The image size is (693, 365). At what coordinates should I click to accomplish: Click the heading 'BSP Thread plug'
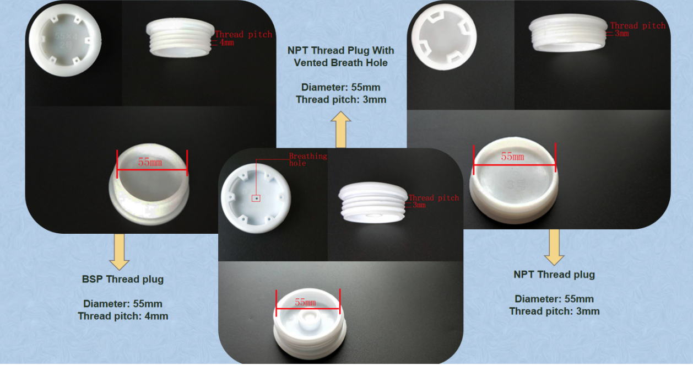click(x=123, y=279)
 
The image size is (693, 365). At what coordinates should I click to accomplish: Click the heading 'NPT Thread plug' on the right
click(x=554, y=275)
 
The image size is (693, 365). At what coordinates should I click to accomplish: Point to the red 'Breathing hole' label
click(x=308, y=159)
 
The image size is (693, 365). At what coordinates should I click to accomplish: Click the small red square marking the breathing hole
click(x=256, y=198)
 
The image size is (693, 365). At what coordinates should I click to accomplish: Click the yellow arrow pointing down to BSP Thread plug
click(x=119, y=251)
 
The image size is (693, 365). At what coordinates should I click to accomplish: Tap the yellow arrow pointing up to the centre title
click(x=341, y=130)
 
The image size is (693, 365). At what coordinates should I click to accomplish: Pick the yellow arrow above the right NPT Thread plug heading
click(x=554, y=247)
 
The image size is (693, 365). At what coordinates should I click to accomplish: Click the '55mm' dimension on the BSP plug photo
click(x=150, y=163)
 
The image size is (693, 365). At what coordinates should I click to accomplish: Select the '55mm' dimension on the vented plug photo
click(x=306, y=302)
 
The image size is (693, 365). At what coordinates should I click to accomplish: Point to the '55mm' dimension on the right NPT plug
click(x=512, y=157)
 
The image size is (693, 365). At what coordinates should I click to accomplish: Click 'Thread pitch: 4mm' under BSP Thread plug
click(x=123, y=316)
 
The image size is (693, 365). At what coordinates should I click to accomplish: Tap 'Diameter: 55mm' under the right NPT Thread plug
click(x=554, y=299)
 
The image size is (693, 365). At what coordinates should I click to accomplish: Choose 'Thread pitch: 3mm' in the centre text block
click(x=341, y=100)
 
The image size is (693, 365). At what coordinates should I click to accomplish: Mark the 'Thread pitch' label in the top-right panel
click(x=638, y=25)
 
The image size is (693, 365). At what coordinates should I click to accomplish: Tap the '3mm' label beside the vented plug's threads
click(x=419, y=205)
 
